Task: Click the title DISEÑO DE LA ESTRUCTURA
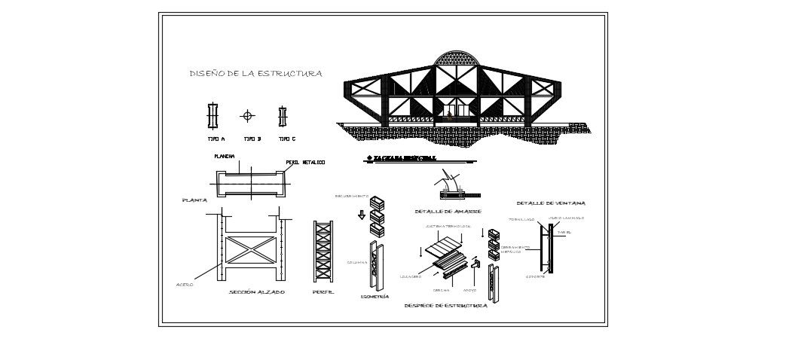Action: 255,74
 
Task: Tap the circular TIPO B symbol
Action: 248,116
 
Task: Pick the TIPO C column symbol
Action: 283,116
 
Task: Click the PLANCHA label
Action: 224,157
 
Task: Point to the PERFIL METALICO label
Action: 305,163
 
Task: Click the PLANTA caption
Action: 194,201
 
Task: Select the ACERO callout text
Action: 185,284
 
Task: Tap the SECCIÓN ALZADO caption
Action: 256,291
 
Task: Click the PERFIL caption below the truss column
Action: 323,291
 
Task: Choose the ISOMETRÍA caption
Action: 375,297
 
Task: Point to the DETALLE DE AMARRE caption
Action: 448,210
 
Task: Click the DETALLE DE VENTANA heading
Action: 551,203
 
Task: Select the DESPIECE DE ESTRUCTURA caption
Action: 445,306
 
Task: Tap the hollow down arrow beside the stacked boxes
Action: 362,215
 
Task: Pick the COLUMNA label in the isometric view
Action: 356,261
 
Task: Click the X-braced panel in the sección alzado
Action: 248,248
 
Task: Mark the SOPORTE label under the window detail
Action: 536,277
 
